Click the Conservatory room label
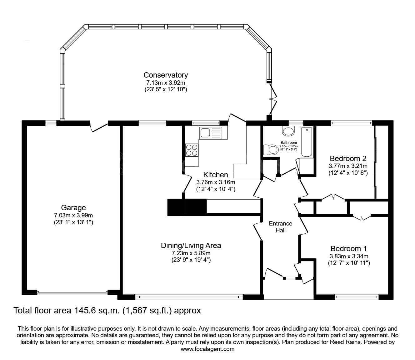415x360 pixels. (x=166, y=75)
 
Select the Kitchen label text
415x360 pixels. (x=215, y=175)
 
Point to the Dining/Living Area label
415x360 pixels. (x=191, y=246)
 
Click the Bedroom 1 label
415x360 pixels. (x=349, y=249)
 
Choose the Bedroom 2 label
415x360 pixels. (x=348, y=158)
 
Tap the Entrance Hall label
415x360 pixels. (x=280, y=227)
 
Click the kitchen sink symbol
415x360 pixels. (x=210, y=133)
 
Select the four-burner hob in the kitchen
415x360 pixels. (x=192, y=150)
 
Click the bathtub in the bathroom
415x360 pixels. (x=307, y=142)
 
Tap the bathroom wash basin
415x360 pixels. (x=288, y=130)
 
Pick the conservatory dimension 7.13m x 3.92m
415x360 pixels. (x=166, y=83)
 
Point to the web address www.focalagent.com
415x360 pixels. (x=207, y=349)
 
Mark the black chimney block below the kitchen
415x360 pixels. (x=187, y=207)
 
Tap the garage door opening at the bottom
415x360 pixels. (x=72, y=293)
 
